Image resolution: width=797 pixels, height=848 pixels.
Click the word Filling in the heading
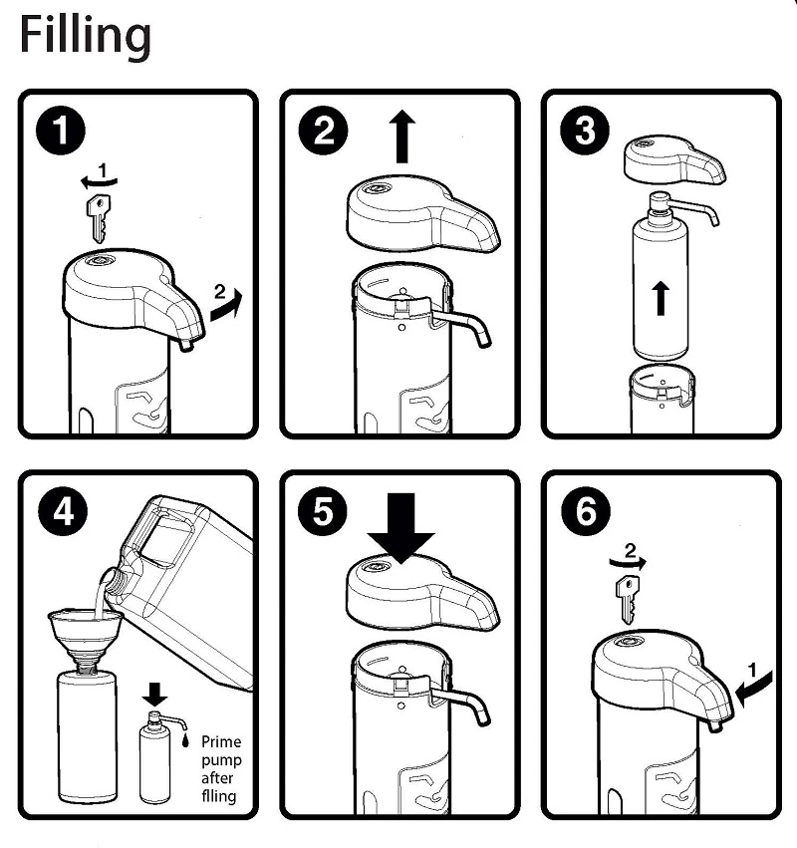86,36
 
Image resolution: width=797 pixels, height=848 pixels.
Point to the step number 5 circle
323,512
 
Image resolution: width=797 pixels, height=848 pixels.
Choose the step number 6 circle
584,512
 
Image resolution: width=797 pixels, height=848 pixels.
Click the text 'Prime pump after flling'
221,768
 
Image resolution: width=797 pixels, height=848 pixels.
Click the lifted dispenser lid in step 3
672,162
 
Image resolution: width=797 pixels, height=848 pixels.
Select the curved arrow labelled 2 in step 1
226,302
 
